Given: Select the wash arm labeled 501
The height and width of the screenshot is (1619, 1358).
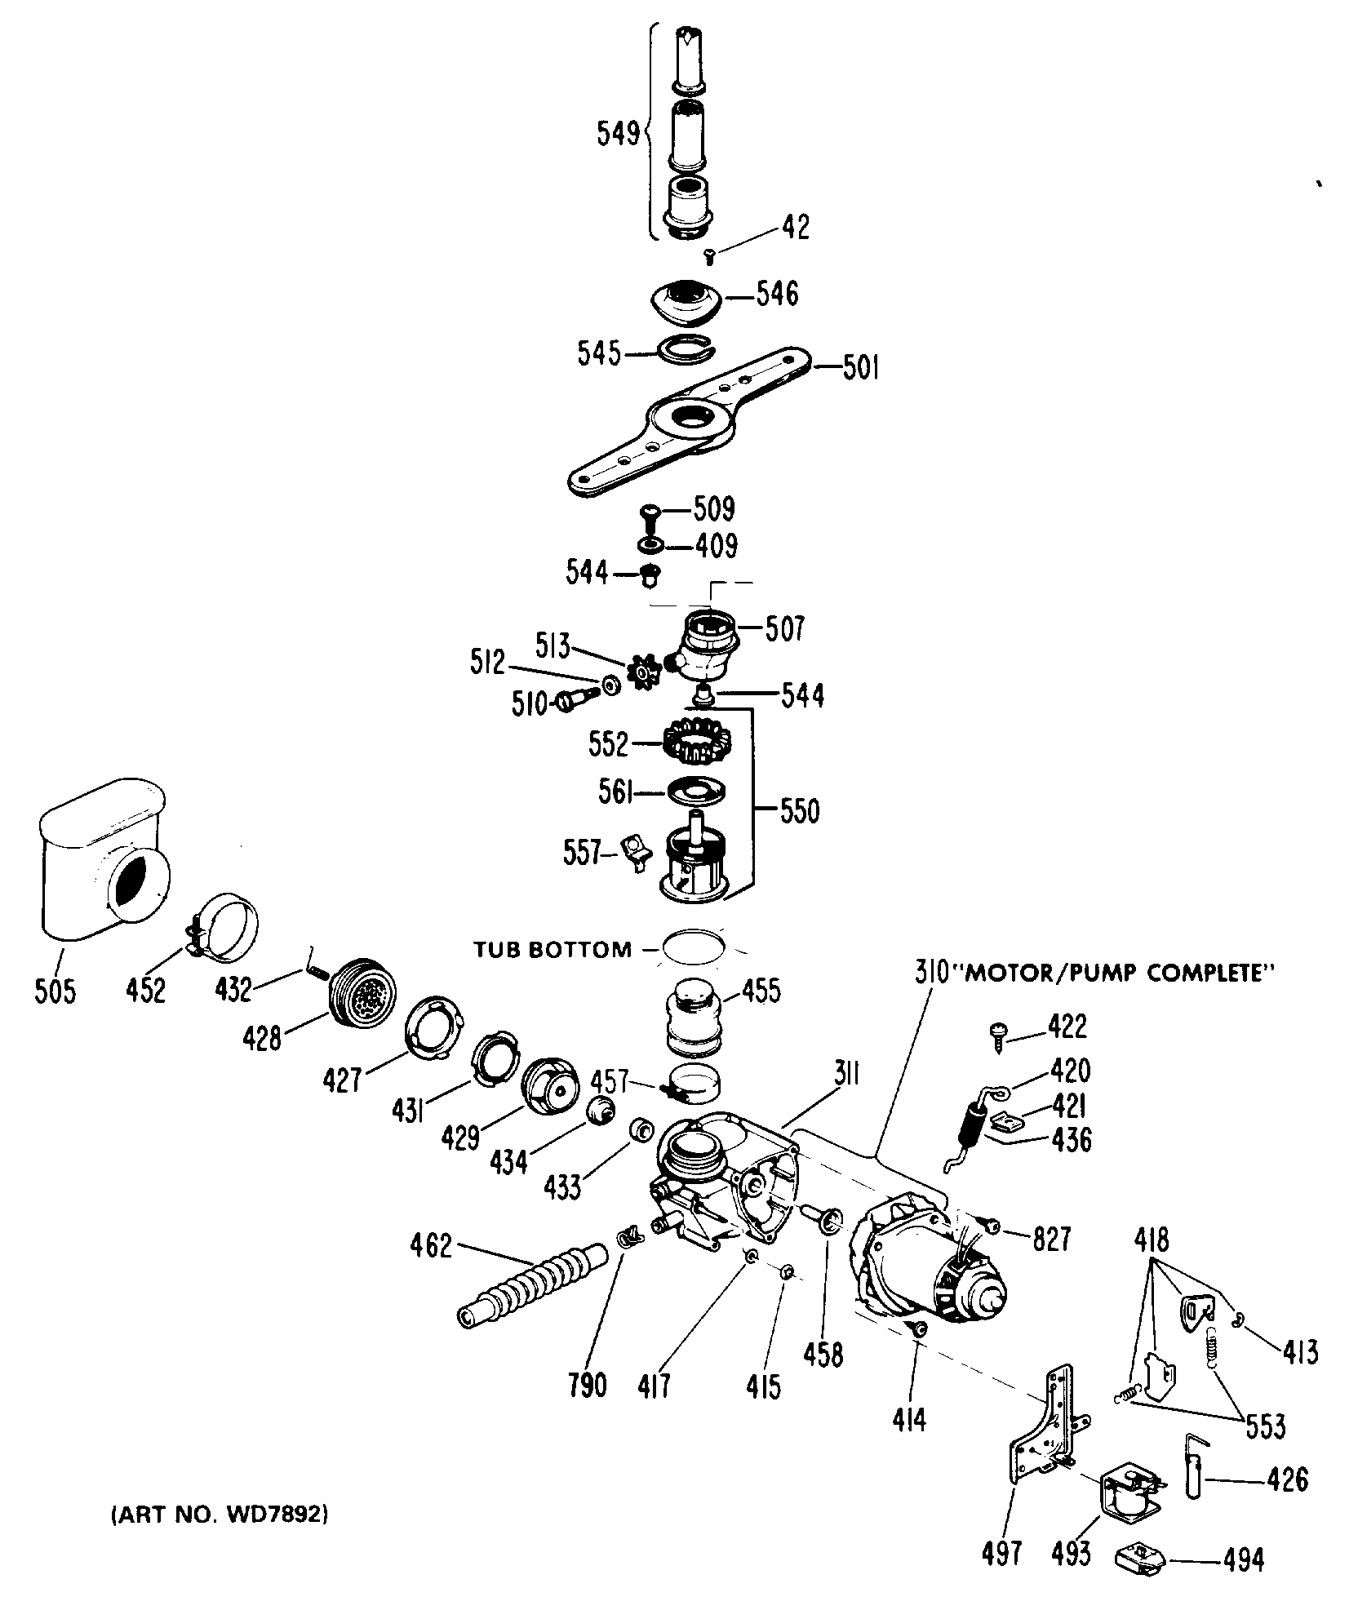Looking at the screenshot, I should (x=686, y=424).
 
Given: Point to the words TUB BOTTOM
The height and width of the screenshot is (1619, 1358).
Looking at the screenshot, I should (x=553, y=949).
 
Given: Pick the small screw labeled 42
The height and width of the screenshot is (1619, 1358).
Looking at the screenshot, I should (x=709, y=257).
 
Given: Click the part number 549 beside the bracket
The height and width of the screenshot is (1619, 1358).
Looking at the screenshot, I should (x=619, y=134).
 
